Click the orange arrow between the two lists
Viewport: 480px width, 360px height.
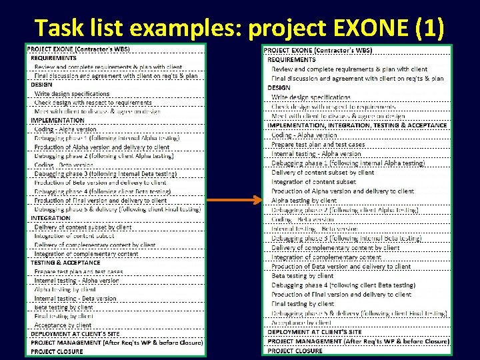tap(233, 200)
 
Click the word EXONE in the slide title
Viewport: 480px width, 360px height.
tap(361, 27)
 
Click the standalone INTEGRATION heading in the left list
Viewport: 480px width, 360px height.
tap(51, 218)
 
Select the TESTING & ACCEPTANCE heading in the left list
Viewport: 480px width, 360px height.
tap(65, 263)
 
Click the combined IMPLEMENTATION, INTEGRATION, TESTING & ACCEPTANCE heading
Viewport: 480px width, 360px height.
tap(357, 125)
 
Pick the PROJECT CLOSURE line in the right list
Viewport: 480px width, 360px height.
tap(295, 351)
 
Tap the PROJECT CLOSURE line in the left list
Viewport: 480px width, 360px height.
tap(57, 351)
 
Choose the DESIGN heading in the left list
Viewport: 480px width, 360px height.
tap(41, 85)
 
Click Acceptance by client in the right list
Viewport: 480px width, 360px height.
tap(302, 323)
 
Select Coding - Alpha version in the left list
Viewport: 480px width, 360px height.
tap(65, 129)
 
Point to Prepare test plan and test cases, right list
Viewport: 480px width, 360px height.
tap(318, 144)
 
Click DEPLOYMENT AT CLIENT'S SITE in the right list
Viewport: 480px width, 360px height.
tap(315, 332)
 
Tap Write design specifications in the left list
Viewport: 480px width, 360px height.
tap(72, 94)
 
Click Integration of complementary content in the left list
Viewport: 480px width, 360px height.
tap(87, 254)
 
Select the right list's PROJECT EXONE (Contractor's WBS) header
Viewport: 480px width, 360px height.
tap(318, 51)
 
